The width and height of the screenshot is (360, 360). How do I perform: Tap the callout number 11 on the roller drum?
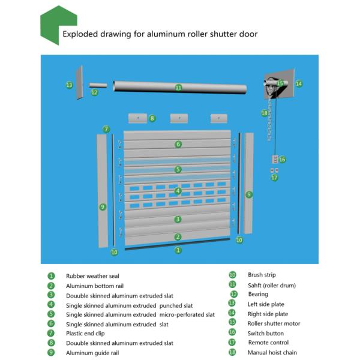(178, 88)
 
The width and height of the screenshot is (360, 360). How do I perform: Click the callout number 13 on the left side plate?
(69, 85)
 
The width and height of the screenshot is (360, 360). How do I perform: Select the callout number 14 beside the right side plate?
(299, 84)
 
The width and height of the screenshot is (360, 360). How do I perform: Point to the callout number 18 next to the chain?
(265, 113)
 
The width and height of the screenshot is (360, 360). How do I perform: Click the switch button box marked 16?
(275, 159)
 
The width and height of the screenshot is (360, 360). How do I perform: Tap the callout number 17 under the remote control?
(274, 178)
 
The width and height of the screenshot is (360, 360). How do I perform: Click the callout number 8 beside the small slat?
(152, 118)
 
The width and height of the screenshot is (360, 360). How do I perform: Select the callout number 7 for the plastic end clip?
(106, 129)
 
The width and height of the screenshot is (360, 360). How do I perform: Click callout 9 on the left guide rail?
(103, 206)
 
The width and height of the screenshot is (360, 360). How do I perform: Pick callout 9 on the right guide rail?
(249, 194)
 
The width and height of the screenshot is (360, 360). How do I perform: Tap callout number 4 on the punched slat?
(178, 191)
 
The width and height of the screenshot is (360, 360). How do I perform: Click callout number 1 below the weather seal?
(178, 250)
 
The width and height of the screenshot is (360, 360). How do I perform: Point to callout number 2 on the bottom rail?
(178, 236)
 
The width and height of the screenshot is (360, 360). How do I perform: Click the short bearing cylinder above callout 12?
(98, 85)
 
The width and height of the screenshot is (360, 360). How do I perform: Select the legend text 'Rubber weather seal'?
(92, 276)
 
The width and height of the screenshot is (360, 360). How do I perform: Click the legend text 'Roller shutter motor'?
(274, 323)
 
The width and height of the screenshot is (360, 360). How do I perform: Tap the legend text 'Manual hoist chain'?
(272, 352)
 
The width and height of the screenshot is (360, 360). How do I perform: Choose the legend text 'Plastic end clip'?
(88, 333)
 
